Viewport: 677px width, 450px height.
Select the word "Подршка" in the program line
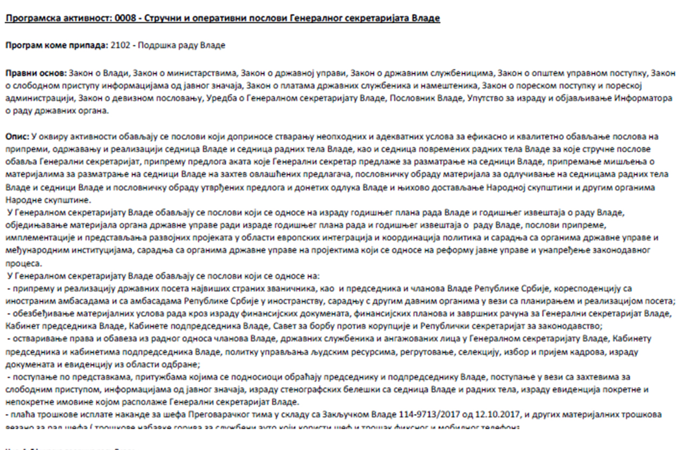click(x=153, y=46)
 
